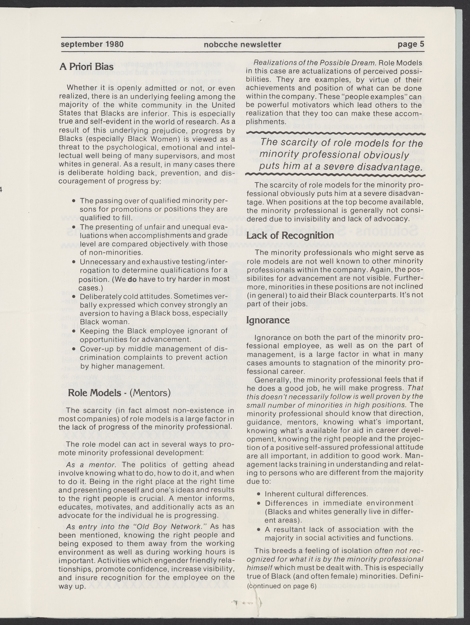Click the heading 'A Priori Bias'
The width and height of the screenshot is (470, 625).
pos(86,67)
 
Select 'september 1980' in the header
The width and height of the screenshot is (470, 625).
pos(92,44)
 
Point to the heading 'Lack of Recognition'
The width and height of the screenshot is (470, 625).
pos(290,235)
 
